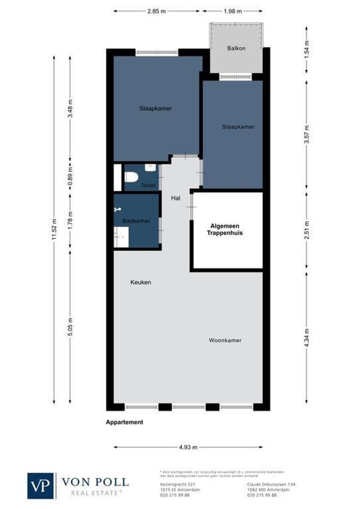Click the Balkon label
pyautogui.click(x=236, y=48)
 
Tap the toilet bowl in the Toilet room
pyautogui.click(x=131, y=177)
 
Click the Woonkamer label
pyautogui.click(x=225, y=340)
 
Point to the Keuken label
pyautogui.click(x=140, y=282)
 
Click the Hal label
pyautogui.click(x=176, y=198)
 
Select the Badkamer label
pyautogui.click(x=136, y=221)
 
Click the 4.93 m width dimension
pyautogui.click(x=188, y=447)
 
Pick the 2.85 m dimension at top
pyautogui.click(x=157, y=11)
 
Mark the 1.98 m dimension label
pyautogui.click(x=233, y=11)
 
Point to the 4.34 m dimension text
pyautogui.click(x=306, y=337)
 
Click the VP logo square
pyautogui.click(x=41, y=485)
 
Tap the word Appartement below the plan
pyautogui.click(x=124, y=422)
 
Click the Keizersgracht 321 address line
pyautogui.click(x=174, y=484)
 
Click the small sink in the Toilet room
pyautogui.click(x=150, y=167)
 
